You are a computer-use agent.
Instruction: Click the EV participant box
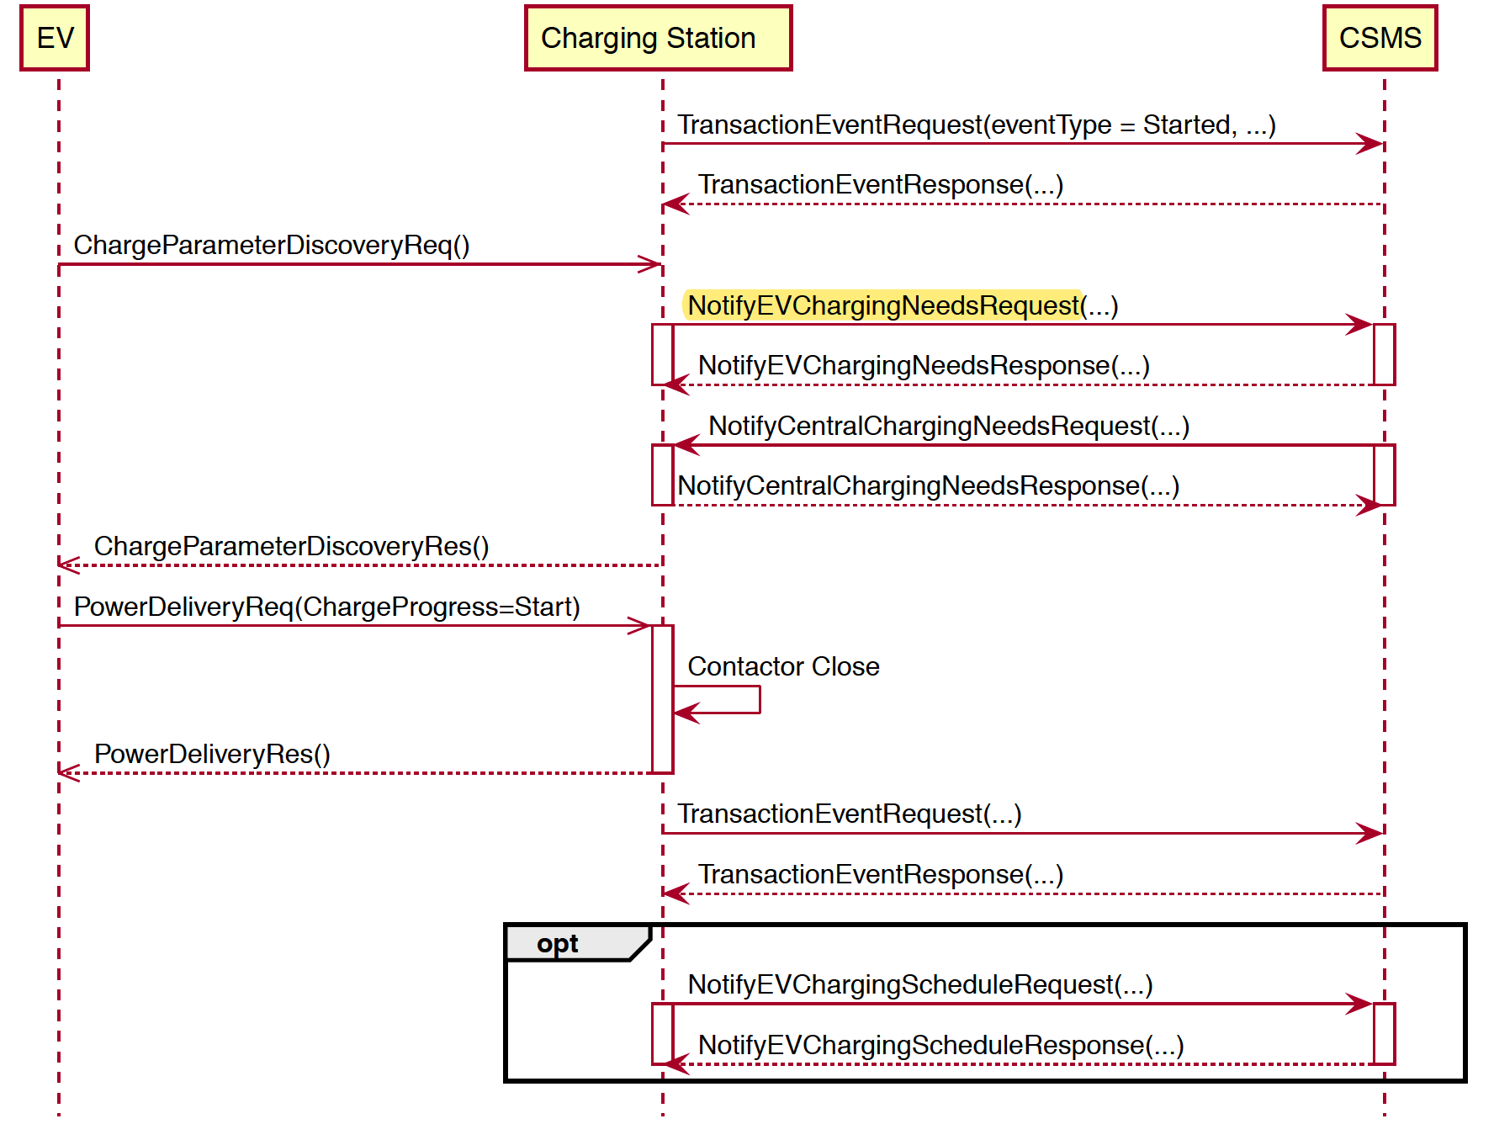tap(55, 38)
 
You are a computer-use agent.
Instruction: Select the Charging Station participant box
tap(658, 38)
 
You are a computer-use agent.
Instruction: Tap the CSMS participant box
tap(1380, 38)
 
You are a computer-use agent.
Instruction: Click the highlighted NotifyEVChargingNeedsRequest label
tap(883, 305)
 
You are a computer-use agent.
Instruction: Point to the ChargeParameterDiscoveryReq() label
tap(271, 245)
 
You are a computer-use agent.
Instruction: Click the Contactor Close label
tap(783, 666)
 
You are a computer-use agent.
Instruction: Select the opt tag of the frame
tap(558, 944)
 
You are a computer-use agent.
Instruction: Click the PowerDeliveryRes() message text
tap(212, 754)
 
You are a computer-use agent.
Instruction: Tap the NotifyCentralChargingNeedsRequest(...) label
tap(948, 426)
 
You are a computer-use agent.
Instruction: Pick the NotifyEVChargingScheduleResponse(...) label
tap(940, 1045)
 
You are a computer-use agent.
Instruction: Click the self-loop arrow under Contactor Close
tap(740, 700)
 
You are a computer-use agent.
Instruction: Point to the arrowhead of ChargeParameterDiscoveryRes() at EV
tap(67, 565)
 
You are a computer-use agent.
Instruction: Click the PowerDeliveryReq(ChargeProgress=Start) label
tap(326, 607)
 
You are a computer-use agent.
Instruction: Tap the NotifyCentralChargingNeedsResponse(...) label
tap(928, 485)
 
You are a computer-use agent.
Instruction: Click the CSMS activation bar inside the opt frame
tap(1384, 1033)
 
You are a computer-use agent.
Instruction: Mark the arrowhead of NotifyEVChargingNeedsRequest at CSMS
tap(1360, 324)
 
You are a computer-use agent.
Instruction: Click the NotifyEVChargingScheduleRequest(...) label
tap(919, 984)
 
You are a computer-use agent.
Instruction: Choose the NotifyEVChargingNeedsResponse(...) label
tap(923, 365)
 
